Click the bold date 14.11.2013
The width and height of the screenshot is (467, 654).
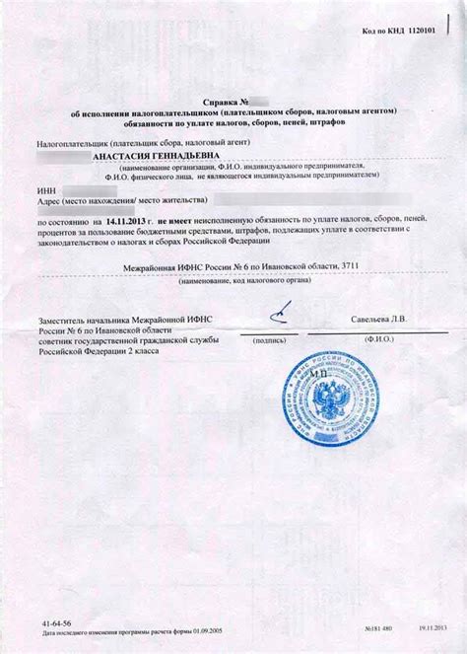[x=131, y=226]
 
